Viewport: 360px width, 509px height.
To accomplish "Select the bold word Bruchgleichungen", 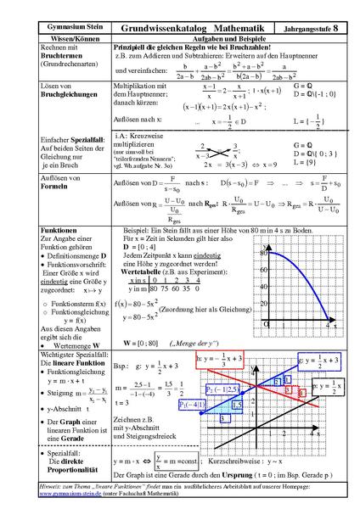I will click(x=50, y=118).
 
